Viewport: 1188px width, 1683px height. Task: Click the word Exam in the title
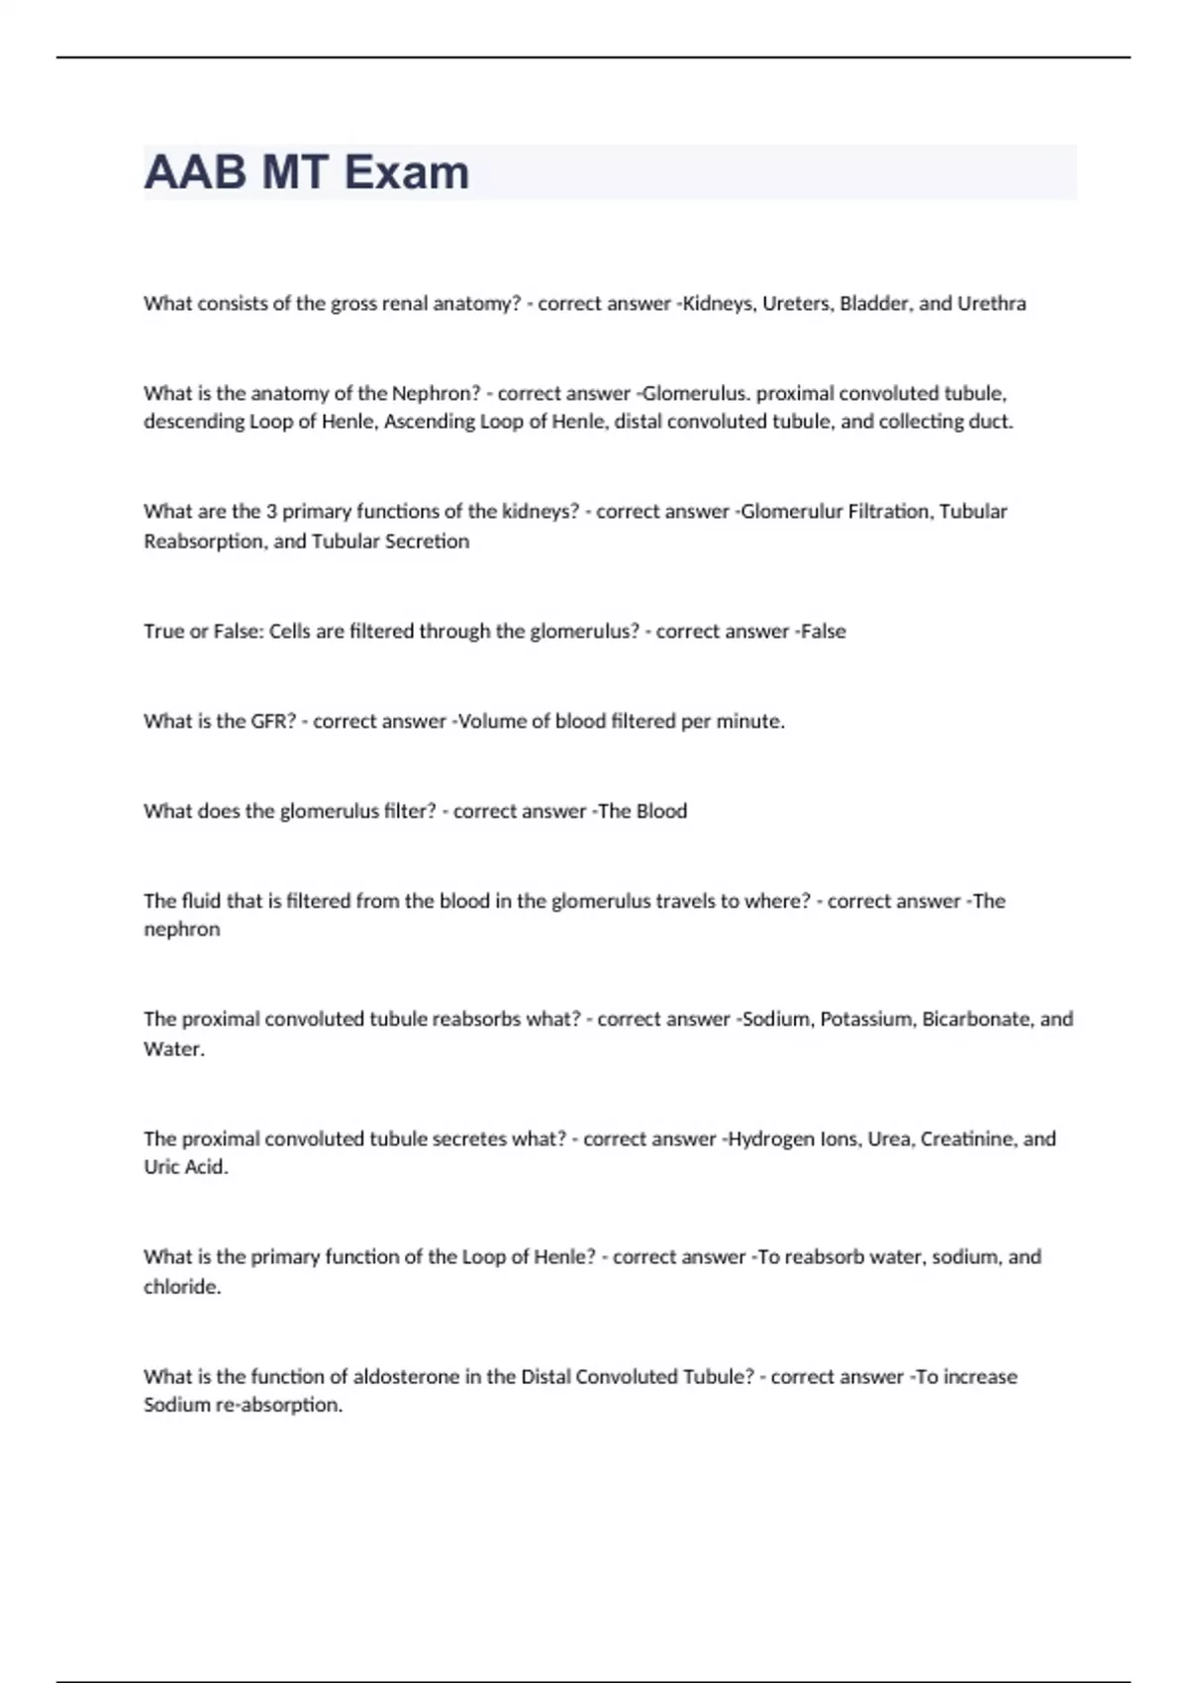(x=407, y=172)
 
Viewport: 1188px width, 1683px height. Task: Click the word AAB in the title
(x=195, y=172)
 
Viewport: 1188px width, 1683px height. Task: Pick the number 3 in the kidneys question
(x=271, y=512)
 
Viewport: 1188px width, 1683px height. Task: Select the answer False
(x=823, y=632)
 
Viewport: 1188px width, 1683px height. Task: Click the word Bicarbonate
(x=977, y=1020)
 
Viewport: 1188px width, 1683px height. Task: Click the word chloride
(x=182, y=1287)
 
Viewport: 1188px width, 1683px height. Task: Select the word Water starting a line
(x=173, y=1049)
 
